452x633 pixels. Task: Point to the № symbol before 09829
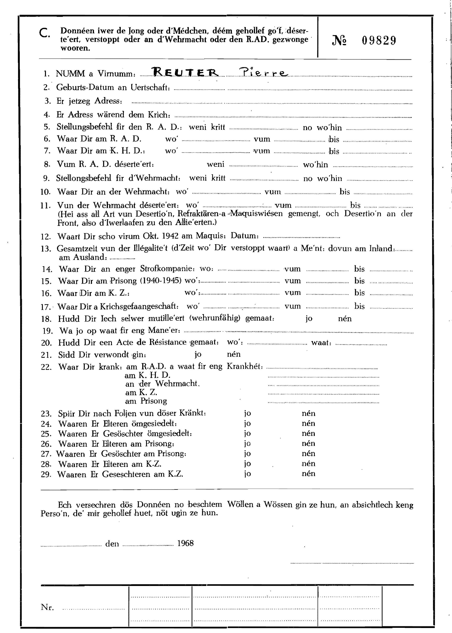tap(340, 41)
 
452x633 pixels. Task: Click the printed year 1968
tap(185, 543)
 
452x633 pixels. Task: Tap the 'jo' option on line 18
tap(309, 319)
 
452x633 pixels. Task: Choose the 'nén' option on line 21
tap(234, 354)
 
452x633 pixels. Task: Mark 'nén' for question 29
tap(308, 473)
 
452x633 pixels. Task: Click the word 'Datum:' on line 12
tap(245, 236)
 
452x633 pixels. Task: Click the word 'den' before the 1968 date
tap(112, 544)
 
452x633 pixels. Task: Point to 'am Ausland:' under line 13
tap(83, 257)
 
